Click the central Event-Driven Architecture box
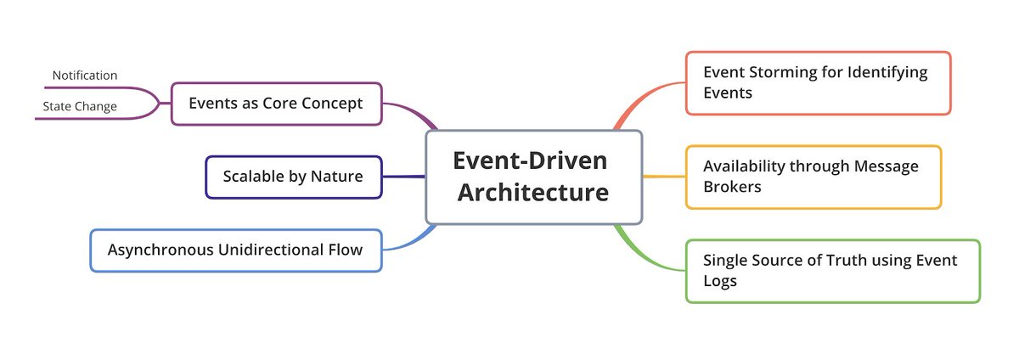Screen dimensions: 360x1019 click(533, 177)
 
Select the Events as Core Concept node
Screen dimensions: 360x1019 click(276, 104)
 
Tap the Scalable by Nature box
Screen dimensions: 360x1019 click(293, 177)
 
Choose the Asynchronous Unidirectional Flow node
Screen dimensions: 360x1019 click(235, 250)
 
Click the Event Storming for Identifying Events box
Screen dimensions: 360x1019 click(818, 82)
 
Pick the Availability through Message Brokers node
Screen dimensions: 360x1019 click(813, 177)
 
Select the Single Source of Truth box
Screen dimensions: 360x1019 click(832, 271)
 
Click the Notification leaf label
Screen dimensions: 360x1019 click(85, 76)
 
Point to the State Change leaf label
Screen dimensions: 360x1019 click(80, 107)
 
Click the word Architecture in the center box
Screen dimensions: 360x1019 click(533, 193)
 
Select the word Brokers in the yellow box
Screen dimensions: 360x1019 click(732, 187)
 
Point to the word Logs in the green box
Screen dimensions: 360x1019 click(719, 281)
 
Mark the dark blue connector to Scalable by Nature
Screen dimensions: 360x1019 click(403, 177)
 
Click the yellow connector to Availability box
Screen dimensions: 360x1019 click(664, 177)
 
